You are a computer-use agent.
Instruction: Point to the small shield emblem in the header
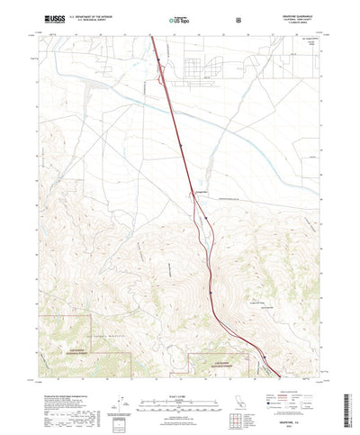(238, 18)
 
